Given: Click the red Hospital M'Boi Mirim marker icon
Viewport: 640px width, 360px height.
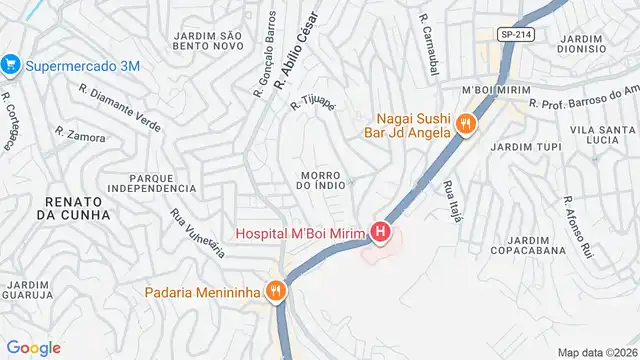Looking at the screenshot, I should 380,234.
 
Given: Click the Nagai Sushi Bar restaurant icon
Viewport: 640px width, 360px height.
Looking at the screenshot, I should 464,125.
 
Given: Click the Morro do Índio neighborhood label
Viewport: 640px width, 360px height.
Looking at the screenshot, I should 322,179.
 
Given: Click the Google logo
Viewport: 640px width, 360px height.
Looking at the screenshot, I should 33,347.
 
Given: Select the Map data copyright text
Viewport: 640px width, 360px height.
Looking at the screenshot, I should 596,352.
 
